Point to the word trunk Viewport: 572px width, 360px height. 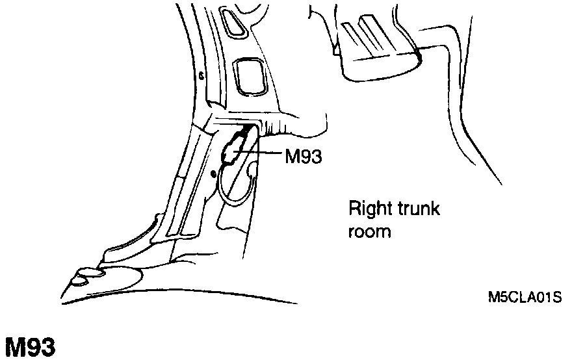tap(418, 209)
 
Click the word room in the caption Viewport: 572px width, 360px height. tap(370, 231)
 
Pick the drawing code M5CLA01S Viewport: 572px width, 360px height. tap(524, 298)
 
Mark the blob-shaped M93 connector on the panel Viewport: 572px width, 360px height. tap(233, 148)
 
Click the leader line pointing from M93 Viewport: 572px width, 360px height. tap(260, 153)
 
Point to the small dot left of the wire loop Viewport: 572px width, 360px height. tap(213, 174)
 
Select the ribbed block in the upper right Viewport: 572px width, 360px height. tap(374, 49)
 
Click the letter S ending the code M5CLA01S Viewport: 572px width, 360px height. tap(557, 298)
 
